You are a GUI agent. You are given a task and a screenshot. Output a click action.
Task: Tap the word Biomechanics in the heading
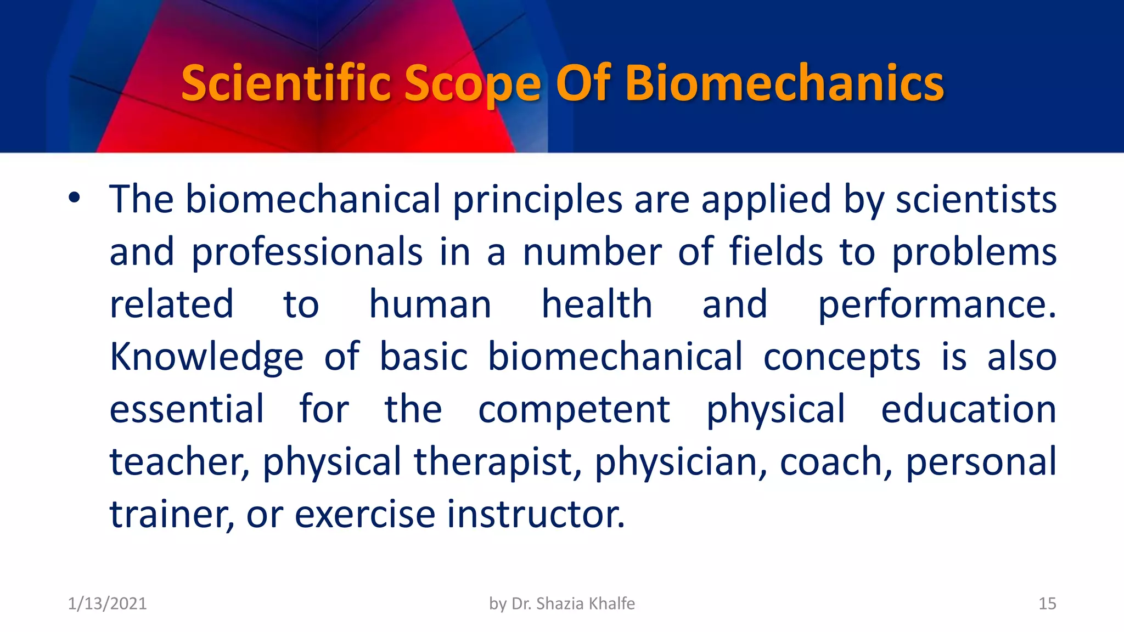click(784, 83)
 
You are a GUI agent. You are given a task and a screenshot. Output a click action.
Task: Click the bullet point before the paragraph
click(75, 198)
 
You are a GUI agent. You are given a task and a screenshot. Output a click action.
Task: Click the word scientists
click(976, 199)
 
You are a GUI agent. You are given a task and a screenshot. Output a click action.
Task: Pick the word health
click(597, 304)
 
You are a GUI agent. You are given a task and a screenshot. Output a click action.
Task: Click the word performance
click(936, 305)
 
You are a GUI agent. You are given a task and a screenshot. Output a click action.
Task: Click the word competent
click(574, 409)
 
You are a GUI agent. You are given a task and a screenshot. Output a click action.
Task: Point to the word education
click(968, 409)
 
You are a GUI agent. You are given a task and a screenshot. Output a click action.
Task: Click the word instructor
click(536, 514)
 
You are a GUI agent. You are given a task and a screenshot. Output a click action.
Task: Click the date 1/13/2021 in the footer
click(107, 603)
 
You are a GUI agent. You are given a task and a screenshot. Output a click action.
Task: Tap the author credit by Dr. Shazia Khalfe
click(562, 603)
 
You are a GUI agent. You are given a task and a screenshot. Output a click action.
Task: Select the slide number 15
click(1047, 603)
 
